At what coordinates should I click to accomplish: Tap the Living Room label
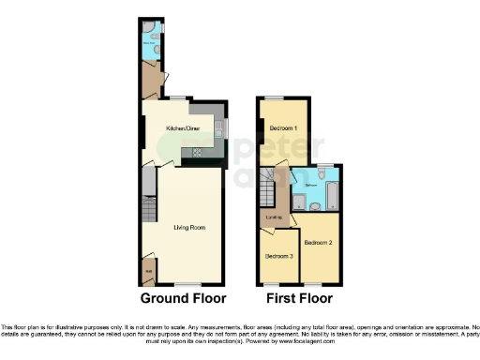tap(189, 227)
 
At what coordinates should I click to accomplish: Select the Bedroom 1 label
tap(282, 127)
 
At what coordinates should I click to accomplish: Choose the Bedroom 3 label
tap(278, 255)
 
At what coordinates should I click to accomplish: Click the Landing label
tap(275, 217)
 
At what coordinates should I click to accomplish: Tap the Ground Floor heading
tap(184, 299)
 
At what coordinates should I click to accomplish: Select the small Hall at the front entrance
tap(148, 272)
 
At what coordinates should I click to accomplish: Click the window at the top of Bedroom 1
tap(274, 97)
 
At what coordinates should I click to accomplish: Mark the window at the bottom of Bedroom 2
tap(311, 282)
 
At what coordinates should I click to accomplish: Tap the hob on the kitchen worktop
tap(198, 152)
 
